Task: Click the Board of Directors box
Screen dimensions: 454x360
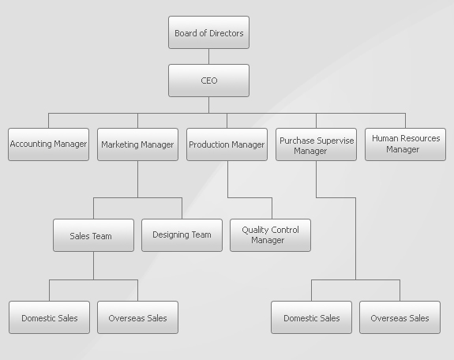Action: [x=208, y=32]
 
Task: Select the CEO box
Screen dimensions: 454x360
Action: [x=208, y=81]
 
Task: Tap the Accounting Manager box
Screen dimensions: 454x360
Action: [x=48, y=144]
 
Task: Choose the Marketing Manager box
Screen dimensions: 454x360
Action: [x=137, y=144]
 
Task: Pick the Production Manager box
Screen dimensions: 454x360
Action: [x=227, y=144]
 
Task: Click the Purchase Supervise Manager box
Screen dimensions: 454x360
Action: [x=316, y=144]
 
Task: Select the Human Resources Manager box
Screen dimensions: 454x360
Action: [x=405, y=144]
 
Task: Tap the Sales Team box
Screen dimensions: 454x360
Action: [x=93, y=235]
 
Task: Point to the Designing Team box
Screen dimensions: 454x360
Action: [x=182, y=235]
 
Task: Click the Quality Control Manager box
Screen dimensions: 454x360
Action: [x=271, y=235]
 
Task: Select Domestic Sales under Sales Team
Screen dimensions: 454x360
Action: [x=49, y=317]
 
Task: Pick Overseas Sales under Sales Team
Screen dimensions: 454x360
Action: [x=137, y=317]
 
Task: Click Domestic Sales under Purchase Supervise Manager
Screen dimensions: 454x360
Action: [x=312, y=317]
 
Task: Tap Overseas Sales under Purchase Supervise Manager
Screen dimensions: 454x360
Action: [x=400, y=317]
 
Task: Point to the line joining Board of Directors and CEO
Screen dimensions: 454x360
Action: [x=208, y=57]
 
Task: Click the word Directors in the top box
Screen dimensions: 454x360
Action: [x=227, y=33]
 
